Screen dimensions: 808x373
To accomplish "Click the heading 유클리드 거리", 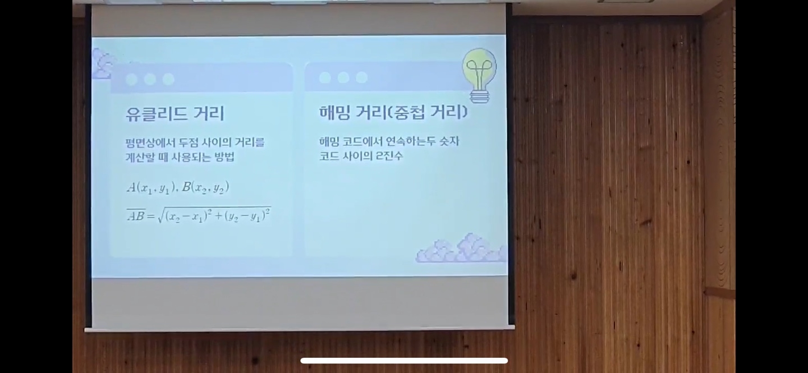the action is tap(175, 114).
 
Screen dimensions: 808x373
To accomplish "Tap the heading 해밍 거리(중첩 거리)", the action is tap(393, 112).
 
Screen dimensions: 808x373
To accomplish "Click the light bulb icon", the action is tap(479, 76).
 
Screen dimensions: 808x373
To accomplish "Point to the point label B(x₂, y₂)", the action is tap(205, 187).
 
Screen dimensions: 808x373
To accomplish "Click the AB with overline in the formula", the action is tap(136, 215).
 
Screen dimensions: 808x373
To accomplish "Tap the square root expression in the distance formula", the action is tap(214, 215).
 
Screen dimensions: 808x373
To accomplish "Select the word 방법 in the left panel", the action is tap(224, 157).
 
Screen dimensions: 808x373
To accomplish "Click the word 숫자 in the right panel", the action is tap(449, 141).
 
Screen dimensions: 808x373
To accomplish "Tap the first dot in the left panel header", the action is tap(131, 79).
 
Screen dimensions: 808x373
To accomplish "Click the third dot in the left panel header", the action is tap(168, 79).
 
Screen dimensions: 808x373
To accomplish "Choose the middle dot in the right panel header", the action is tap(343, 77).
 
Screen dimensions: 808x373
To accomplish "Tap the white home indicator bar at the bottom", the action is tap(404, 360).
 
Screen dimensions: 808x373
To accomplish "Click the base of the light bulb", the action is tap(479, 96).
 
